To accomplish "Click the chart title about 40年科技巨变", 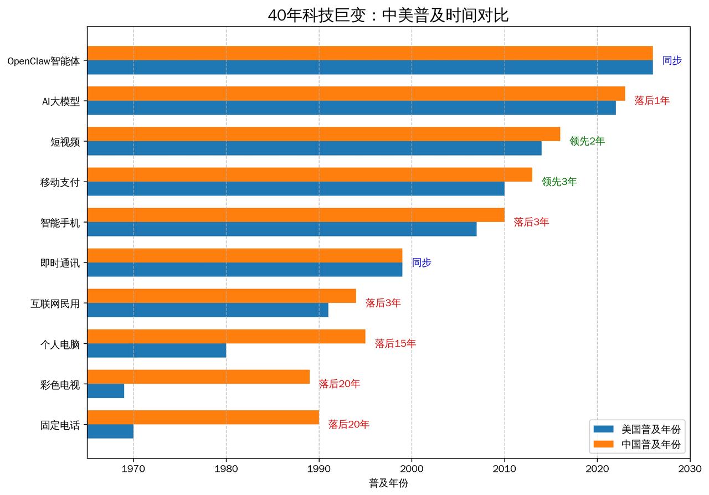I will click(x=388, y=15).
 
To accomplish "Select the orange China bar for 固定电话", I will click(x=203, y=417).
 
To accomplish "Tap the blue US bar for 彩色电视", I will click(x=106, y=391).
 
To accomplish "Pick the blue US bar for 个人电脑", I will click(x=157, y=350).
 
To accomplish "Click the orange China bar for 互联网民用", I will click(x=222, y=296).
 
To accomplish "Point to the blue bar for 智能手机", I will click(x=282, y=229).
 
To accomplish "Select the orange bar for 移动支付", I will click(x=310, y=174).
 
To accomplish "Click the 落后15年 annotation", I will click(x=395, y=344).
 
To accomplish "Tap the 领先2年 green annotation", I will click(x=587, y=141).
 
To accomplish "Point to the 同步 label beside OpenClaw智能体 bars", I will click(x=672, y=60).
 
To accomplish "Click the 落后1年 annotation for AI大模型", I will click(x=652, y=101).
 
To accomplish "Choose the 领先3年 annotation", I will click(x=559, y=182).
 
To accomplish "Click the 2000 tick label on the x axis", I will click(x=412, y=469).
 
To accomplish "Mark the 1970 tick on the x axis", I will click(x=133, y=469).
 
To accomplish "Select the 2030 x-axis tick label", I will click(x=690, y=469).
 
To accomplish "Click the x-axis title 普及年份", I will click(x=388, y=483).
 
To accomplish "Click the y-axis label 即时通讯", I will click(x=60, y=263).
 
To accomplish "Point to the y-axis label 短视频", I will click(x=65, y=142).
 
